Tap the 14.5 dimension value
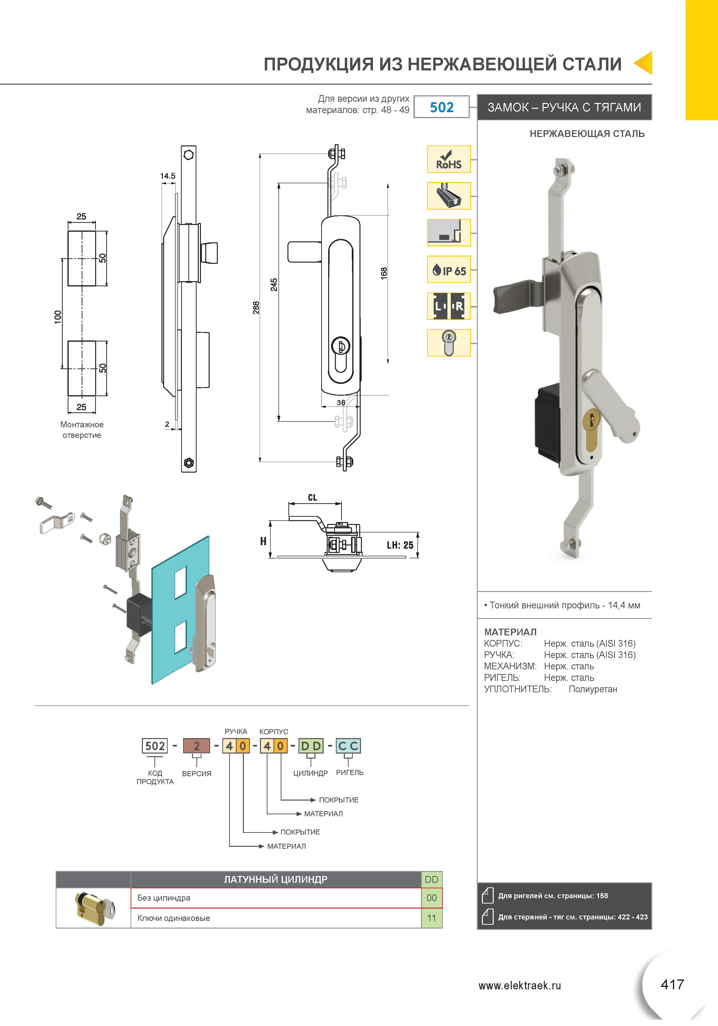click(168, 176)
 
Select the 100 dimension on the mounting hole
click(58, 317)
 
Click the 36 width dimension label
click(341, 403)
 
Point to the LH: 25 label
click(400, 545)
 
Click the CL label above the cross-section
click(312, 497)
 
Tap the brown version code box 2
click(196, 746)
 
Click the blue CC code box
click(348, 746)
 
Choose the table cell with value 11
click(431, 918)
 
